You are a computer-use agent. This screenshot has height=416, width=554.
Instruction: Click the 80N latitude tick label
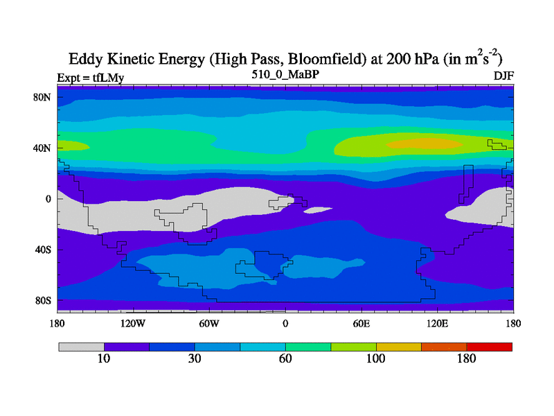[x=43, y=97]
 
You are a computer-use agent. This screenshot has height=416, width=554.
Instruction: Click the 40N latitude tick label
[x=43, y=148]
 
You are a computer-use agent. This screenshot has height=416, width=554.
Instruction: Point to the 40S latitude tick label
[x=44, y=250]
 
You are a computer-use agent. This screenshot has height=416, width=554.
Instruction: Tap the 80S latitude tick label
[x=44, y=301]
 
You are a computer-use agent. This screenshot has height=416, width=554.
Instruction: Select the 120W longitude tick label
[x=133, y=323]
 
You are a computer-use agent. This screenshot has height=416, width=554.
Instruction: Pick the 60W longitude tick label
[x=209, y=323]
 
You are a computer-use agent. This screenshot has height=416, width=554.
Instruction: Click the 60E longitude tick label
[x=361, y=323]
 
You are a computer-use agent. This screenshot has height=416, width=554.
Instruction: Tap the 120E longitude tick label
[x=437, y=323]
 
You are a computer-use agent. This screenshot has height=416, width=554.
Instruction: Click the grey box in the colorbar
[x=81, y=347]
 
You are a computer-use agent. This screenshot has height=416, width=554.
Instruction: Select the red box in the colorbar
[x=490, y=347]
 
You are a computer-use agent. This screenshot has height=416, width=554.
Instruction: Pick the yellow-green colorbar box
[x=353, y=347]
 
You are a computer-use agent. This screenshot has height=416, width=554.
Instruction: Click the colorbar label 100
[x=376, y=358]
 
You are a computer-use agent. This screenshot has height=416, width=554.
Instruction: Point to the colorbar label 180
[x=467, y=358]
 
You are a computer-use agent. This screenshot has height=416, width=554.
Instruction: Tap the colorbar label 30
[x=195, y=358]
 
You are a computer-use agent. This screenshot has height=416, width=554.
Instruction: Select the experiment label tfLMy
[x=105, y=78]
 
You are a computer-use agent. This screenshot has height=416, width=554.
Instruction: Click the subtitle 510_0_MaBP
[x=285, y=73]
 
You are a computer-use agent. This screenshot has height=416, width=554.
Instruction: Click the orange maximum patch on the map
[x=422, y=144]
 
